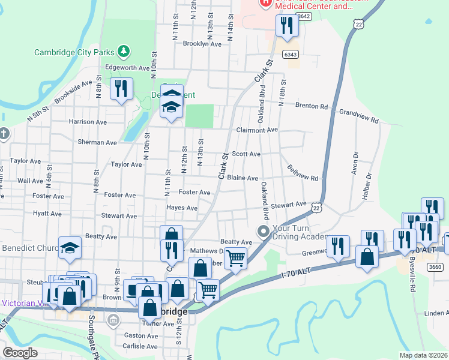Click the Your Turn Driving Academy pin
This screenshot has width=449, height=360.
click(x=263, y=231)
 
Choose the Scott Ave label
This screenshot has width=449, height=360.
click(x=246, y=154)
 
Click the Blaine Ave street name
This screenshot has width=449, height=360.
click(x=243, y=178)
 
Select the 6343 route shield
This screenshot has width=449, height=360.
click(x=291, y=55)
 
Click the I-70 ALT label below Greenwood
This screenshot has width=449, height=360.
click(x=298, y=275)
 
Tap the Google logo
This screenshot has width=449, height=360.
click(x=20, y=352)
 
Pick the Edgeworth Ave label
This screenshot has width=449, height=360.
click(x=127, y=68)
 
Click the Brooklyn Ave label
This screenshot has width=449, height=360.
click(x=202, y=44)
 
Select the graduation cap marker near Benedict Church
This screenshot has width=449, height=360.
click(x=70, y=247)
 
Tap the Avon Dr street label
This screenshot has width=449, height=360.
click(x=355, y=163)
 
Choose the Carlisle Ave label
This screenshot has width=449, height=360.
click(x=140, y=346)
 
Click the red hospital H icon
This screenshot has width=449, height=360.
click(x=265, y=3)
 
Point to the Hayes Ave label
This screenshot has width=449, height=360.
click(x=182, y=208)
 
